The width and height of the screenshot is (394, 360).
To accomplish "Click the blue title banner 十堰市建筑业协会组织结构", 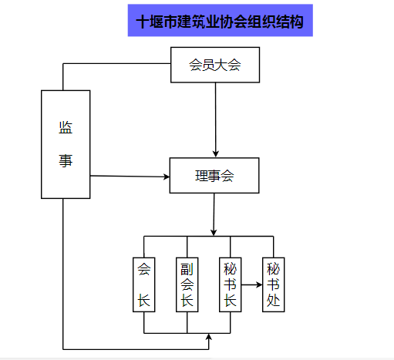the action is [221, 20].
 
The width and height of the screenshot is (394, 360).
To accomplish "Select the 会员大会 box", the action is [215, 65].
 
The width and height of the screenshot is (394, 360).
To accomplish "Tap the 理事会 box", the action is [214, 176].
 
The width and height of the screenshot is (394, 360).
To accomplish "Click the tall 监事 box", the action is [66, 144].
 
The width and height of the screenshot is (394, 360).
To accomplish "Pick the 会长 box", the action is [144, 284].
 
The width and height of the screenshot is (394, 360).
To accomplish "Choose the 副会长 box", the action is [187, 284].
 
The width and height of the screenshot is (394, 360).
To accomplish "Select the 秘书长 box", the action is [231, 284].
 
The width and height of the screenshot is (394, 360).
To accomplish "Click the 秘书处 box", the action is [274, 284].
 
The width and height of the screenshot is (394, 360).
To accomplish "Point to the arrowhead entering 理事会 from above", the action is [216, 154].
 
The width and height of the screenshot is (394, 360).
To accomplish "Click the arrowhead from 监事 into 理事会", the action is [167, 177].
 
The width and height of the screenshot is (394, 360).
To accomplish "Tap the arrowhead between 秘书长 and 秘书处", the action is [259, 284].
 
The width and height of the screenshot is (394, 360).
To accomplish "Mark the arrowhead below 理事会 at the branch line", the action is [214, 232].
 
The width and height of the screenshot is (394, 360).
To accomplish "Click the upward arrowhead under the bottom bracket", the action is [209, 337].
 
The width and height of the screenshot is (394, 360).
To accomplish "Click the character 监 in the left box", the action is [66, 127].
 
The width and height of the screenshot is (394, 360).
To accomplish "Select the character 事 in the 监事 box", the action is [66, 161].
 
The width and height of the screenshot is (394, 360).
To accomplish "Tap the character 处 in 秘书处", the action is [273, 300].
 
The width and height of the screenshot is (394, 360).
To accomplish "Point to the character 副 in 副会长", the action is [187, 269].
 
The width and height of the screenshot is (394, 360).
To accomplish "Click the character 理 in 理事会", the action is [201, 176].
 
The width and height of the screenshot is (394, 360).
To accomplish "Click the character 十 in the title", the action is [143, 22].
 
